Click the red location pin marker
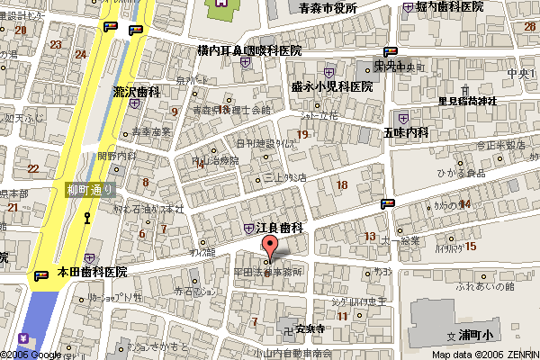click(x=269, y=247)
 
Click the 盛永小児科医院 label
click(x=332, y=86)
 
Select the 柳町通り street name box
click(x=91, y=190)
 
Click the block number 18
click(x=340, y=185)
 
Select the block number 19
click(x=302, y=135)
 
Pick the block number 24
click(x=80, y=55)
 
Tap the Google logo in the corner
click(x=31, y=354)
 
